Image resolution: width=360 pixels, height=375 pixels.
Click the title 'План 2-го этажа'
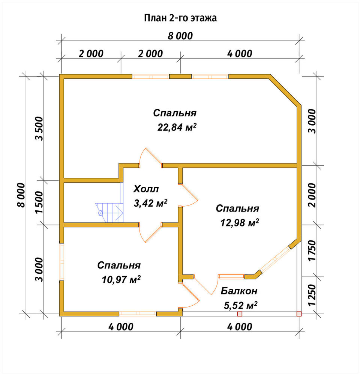coord(180,18)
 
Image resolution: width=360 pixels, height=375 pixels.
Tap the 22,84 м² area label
coord(177,127)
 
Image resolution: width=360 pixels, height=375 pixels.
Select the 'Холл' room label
coord(146,189)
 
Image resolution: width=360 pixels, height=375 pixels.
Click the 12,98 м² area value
coord(240,223)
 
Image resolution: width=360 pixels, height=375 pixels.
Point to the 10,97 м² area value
coord(121,279)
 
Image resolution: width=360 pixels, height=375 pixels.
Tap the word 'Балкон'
coord(239,291)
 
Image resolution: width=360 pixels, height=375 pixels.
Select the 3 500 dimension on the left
coord(39,128)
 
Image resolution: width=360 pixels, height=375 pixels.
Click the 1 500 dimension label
coord(39,202)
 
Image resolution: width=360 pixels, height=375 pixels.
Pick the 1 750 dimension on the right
coord(312,250)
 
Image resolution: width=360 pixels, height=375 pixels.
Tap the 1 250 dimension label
coord(312,295)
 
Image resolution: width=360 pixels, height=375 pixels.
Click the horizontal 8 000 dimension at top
coord(180,36)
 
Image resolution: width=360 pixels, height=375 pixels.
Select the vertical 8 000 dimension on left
coord(21,195)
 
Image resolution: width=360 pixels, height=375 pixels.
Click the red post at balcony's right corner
coord(299,314)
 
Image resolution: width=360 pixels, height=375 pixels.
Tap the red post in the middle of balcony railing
coord(240,314)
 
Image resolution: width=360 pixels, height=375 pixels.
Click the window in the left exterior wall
coord(62,262)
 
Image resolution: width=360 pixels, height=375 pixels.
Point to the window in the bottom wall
coord(138,313)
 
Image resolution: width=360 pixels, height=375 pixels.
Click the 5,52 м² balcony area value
coord(240,305)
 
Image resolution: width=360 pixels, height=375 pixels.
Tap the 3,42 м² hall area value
coord(150,203)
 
